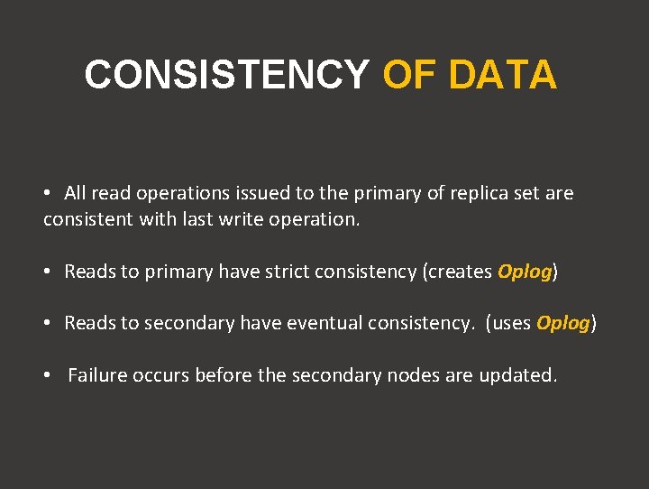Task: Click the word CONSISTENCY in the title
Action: coord(226,75)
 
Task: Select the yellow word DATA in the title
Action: coord(502,75)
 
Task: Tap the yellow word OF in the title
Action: coord(411,75)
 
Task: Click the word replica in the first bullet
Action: coord(478,193)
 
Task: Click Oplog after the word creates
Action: coord(524,272)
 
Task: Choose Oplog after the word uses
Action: coord(562,323)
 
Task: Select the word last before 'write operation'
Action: coord(197,219)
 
